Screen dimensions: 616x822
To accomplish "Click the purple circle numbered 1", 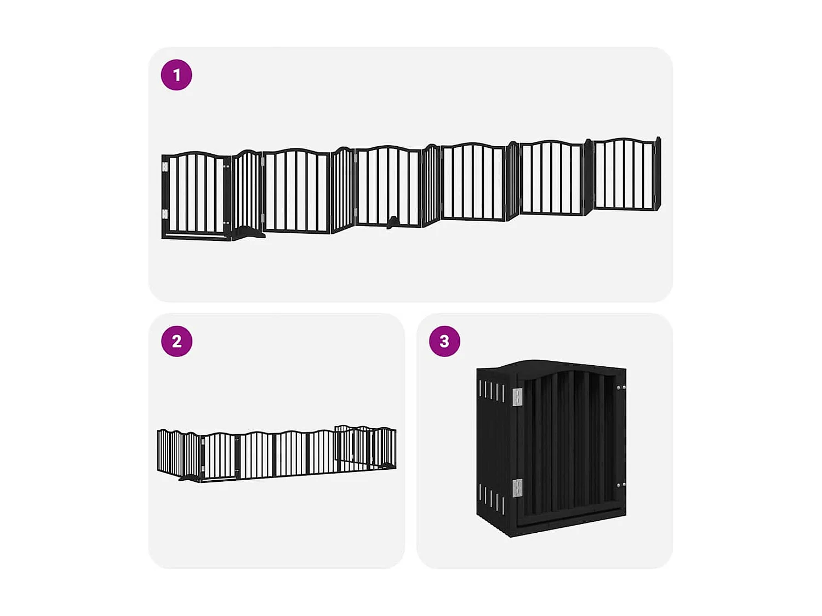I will coord(176,75).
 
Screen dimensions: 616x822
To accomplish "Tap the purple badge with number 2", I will coord(176,341).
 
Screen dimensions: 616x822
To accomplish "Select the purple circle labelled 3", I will coord(444,341).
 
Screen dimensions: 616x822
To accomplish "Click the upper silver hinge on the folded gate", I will coord(517,397).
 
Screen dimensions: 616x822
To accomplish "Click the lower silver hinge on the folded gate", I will coord(517,487).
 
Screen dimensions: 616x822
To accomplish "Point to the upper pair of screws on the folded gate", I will coord(621,388).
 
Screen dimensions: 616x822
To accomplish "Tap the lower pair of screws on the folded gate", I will coord(621,485).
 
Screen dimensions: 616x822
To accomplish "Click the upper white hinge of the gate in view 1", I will coord(165,166).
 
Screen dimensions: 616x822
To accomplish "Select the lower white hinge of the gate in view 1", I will coord(165,214).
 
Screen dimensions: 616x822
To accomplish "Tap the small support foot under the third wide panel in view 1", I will coord(392,222).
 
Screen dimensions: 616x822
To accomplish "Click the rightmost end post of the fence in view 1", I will coord(658,174).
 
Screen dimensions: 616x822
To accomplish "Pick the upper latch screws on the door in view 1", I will coord(226,166).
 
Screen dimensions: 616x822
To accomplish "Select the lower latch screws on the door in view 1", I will coord(226,223).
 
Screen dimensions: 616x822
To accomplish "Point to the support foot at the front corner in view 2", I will coord(190,479).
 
